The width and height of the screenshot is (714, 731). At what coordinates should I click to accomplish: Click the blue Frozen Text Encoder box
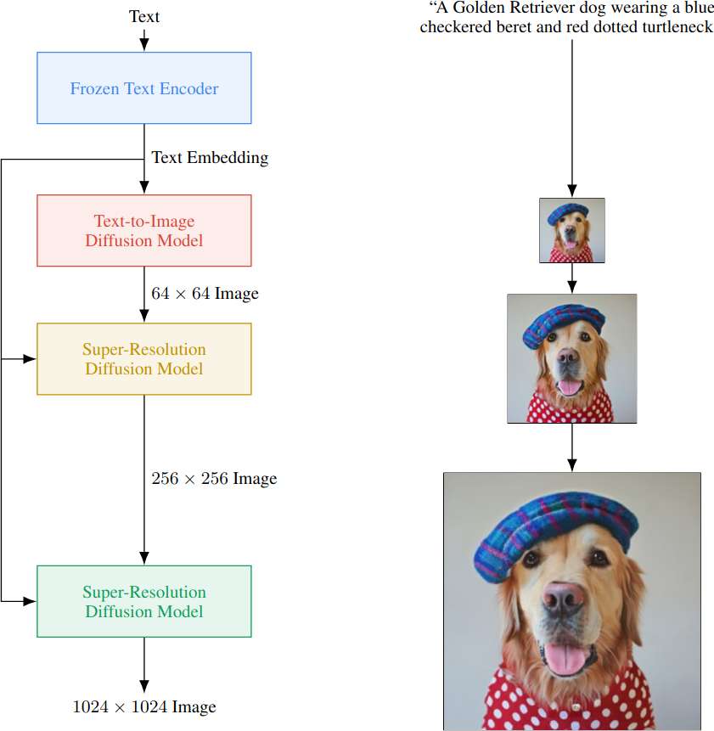pos(144,88)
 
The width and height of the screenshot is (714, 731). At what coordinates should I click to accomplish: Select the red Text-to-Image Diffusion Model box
pos(144,231)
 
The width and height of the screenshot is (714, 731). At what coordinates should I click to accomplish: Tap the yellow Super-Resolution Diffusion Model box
pos(144,359)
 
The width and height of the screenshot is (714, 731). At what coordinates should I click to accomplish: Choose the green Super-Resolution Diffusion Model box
pos(144,601)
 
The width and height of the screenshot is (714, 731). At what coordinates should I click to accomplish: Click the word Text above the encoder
pos(143,16)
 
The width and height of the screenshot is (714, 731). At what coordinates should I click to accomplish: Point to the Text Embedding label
pos(210,157)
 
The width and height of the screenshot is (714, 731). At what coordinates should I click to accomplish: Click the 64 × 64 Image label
pos(205,294)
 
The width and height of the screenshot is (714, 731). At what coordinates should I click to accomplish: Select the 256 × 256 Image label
pos(214,479)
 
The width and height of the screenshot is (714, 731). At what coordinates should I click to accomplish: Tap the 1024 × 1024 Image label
pos(144,706)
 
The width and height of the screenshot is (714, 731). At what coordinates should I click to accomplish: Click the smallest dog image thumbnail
pos(572,230)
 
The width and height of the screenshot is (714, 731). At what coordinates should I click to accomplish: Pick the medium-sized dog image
pos(571,358)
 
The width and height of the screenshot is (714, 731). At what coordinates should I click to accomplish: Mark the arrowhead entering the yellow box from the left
pos(31,359)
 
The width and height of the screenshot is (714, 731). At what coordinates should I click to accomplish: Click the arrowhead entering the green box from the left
pos(31,601)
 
